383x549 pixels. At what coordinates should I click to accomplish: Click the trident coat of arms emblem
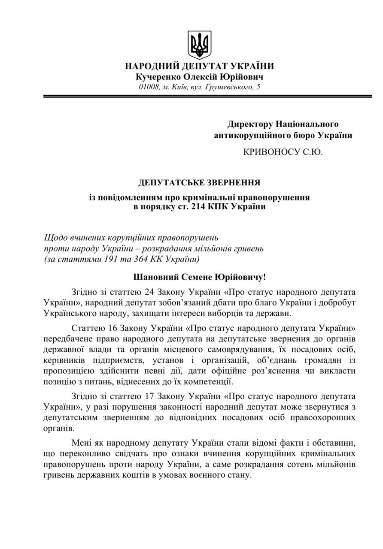pyautogui.click(x=199, y=45)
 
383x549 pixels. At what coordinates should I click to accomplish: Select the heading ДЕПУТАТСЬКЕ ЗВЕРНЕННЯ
pyautogui.click(x=199, y=183)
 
